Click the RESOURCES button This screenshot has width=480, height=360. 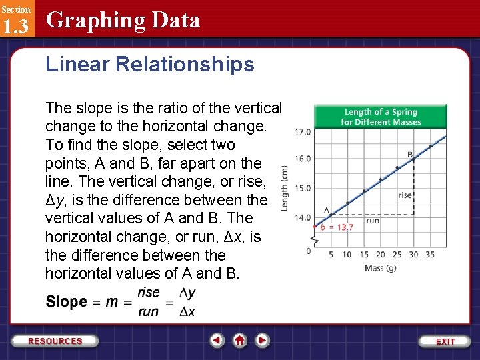(55, 341)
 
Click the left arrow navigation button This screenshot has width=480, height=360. (217, 341)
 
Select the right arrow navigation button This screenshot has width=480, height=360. (263, 341)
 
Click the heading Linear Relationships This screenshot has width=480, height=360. (150, 65)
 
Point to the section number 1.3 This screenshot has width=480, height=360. (15, 27)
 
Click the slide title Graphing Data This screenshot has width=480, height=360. (123, 21)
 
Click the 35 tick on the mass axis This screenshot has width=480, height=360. (429, 255)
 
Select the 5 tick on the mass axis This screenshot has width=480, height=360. (331, 255)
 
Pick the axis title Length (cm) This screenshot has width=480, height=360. (285, 189)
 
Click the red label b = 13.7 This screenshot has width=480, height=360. (337, 227)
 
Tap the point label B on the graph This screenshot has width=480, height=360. (410, 155)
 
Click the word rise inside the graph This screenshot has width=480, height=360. (405, 195)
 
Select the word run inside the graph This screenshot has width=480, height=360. (372, 221)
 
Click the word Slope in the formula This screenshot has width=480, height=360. (66, 302)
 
